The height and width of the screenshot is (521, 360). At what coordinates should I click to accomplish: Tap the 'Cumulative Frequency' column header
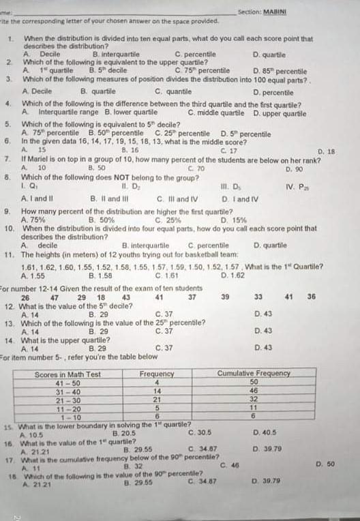coord(254,374)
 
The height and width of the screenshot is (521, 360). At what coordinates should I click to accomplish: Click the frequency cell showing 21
coord(157,400)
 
